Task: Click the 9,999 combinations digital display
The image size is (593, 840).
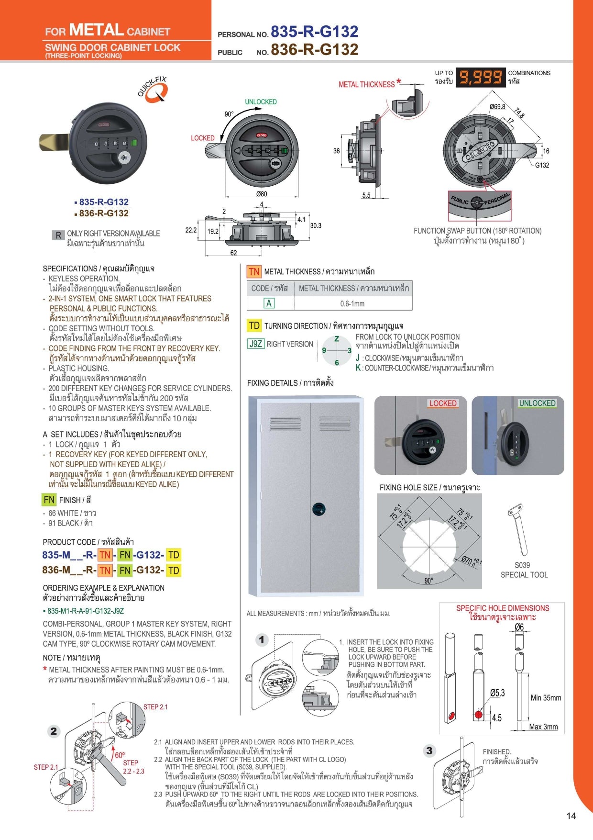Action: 481,77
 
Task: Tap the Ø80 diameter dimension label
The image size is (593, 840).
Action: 262,194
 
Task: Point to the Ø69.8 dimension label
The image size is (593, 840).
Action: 497,106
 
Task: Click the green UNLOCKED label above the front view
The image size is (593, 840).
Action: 261,102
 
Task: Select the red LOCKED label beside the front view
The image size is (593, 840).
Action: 203,138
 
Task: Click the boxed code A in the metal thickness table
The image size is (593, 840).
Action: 269,303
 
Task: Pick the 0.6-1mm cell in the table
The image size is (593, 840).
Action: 352,303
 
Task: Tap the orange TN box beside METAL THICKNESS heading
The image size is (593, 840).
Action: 254,272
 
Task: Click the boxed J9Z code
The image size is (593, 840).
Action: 256,344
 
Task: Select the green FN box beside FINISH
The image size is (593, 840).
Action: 49,500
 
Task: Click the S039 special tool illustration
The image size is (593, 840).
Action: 518,529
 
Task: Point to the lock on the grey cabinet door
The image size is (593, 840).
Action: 319,509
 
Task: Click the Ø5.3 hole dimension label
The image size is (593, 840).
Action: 497,693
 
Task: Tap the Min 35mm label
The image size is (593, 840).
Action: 546,698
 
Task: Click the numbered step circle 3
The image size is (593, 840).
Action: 429,750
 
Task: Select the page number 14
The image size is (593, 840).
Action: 571,816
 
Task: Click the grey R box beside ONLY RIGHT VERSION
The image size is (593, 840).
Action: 58,235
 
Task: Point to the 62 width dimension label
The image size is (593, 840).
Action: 233,253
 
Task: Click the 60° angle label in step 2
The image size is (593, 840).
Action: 120,755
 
